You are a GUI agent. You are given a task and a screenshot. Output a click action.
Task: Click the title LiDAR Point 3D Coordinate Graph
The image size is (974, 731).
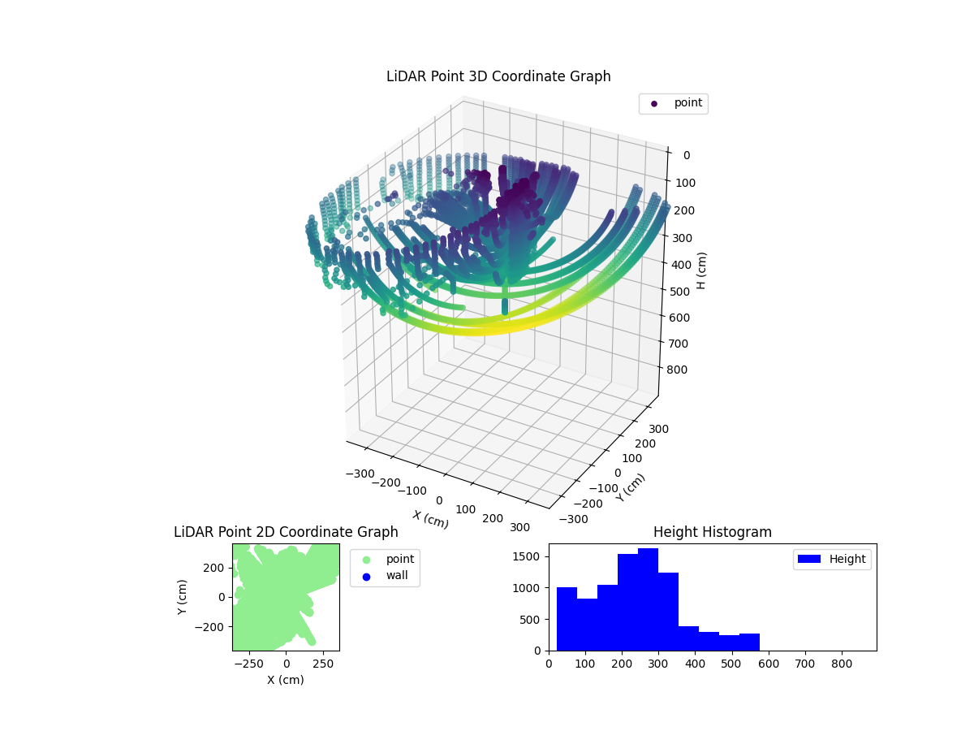pos(498,76)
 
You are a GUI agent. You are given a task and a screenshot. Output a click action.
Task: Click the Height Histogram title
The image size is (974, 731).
pos(712,532)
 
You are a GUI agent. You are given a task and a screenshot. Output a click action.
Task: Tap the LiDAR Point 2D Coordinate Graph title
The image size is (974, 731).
pos(286,532)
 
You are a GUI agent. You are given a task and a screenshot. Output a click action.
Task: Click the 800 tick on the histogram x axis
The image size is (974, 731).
pos(842,663)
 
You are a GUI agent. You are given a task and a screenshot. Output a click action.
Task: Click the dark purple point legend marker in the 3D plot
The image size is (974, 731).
pos(654,103)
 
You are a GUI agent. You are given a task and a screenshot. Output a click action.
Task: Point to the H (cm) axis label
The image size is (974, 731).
pos(702,270)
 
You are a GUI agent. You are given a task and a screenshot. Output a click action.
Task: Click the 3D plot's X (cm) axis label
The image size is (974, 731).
pos(430,519)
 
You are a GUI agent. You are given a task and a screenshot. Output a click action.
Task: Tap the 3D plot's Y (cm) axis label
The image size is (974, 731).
pos(631,487)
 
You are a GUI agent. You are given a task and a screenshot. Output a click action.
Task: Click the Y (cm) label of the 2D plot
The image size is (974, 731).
pos(183,596)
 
